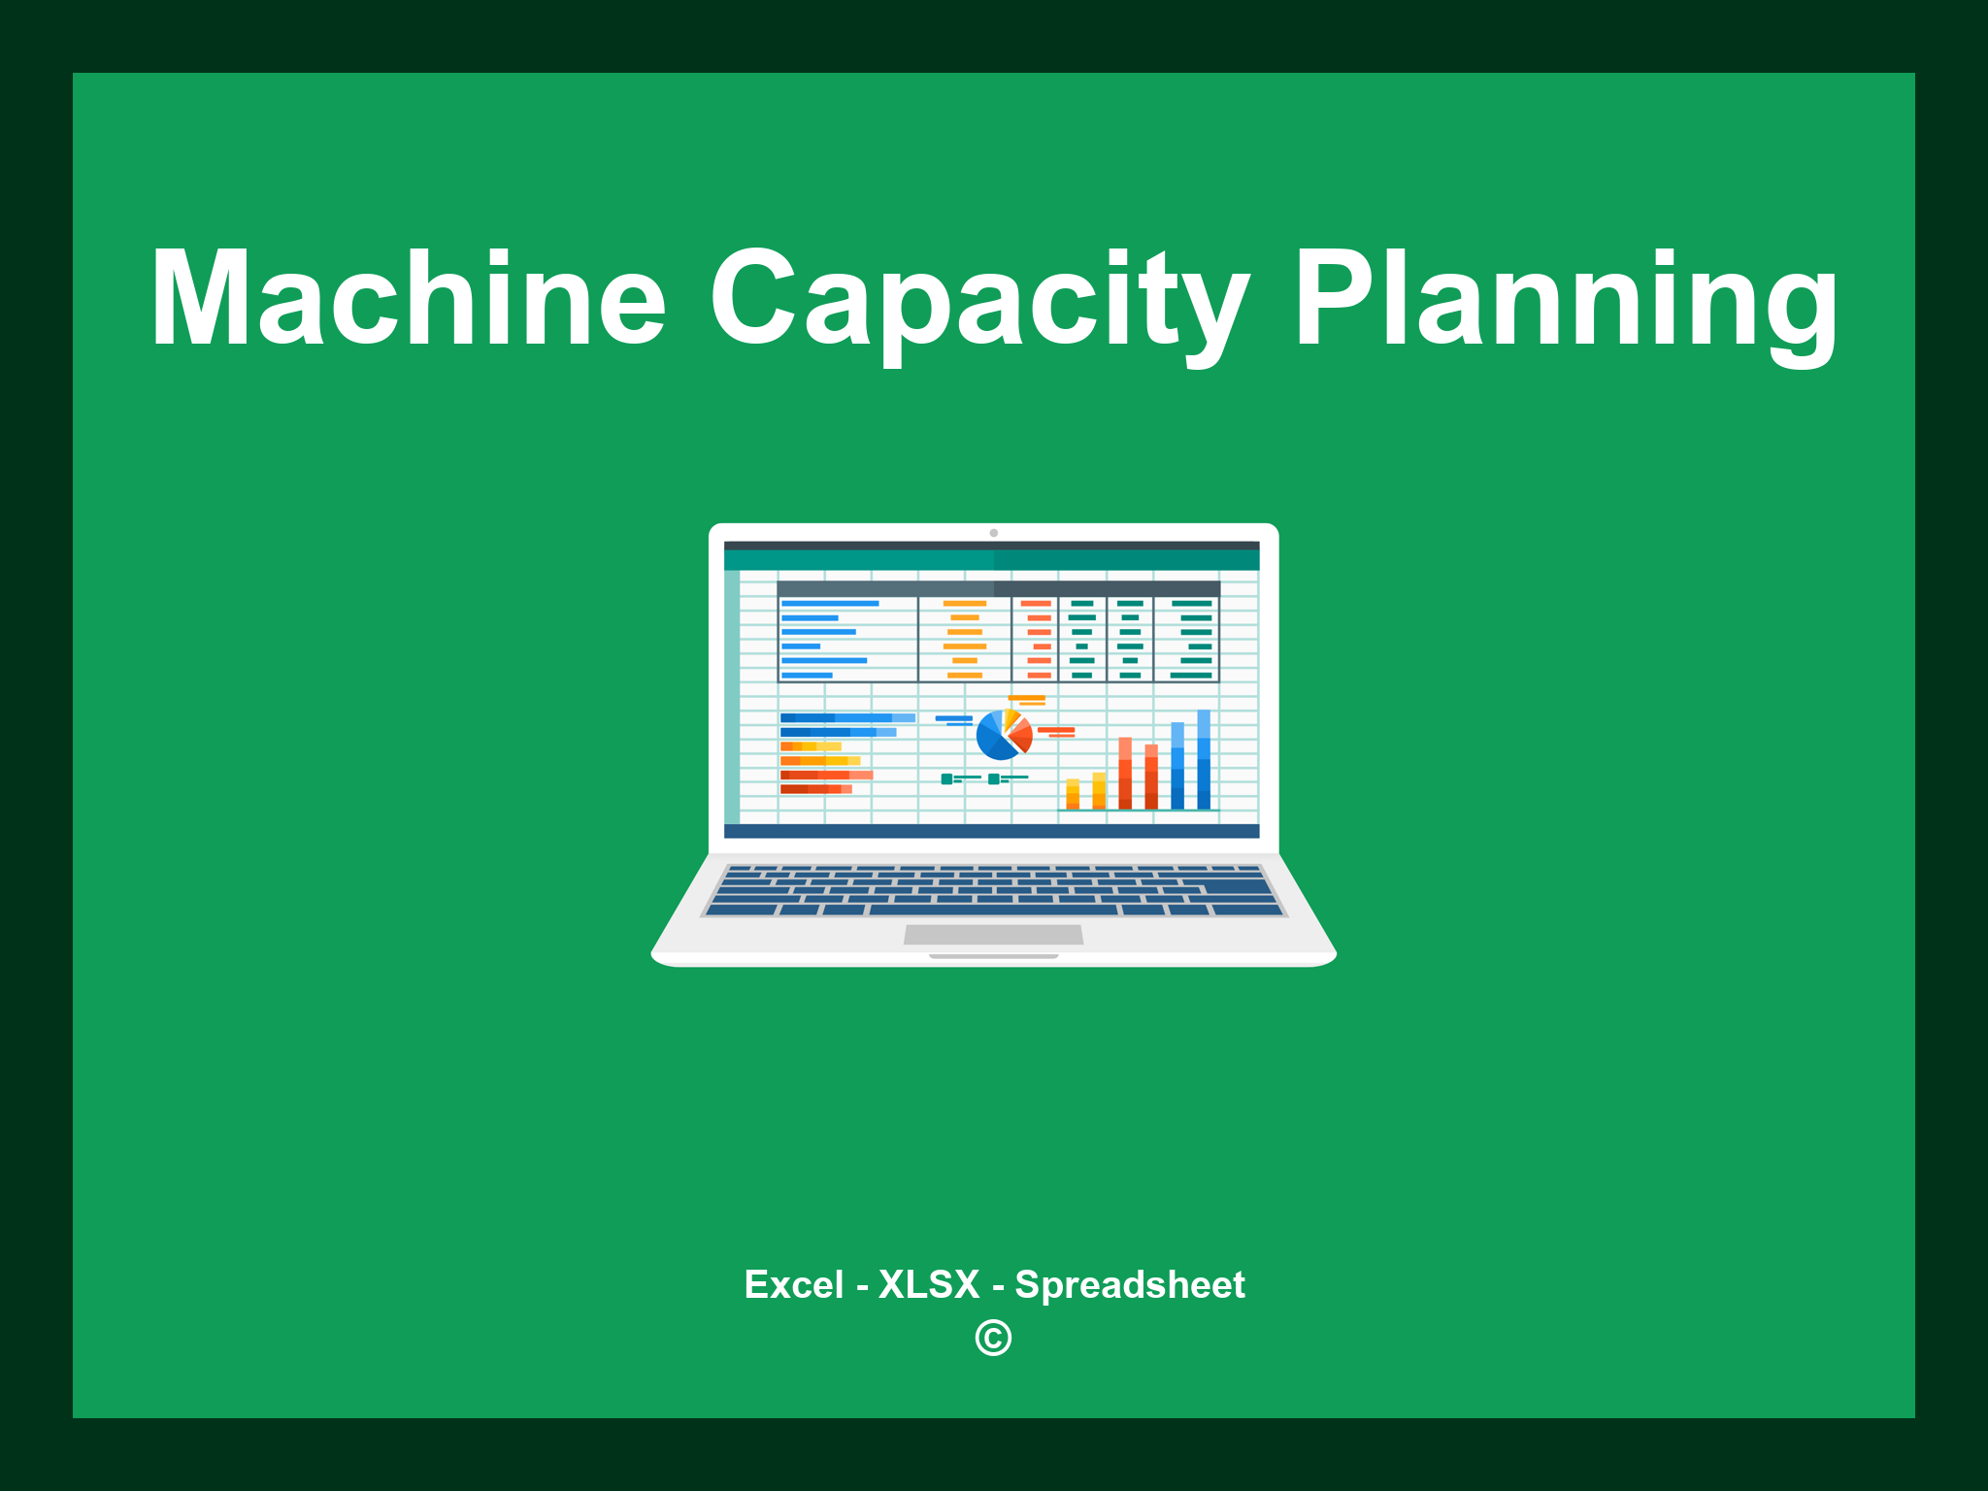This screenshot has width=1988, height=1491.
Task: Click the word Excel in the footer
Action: [x=794, y=1284]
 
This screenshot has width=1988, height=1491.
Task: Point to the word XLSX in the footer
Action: [x=929, y=1284]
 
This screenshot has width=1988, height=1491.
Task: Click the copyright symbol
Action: [x=993, y=1338]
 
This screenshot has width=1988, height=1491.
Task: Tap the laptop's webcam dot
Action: [x=993, y=533]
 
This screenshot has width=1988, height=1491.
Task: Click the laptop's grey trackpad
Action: [x=993, y=934]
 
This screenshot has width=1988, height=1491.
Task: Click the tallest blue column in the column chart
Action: [x=1204, y=759]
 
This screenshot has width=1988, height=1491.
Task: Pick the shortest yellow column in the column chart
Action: [x=1073, y=793]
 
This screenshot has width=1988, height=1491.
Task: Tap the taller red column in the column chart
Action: [x=1125, y=773]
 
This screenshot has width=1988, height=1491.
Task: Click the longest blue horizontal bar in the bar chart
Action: [x=847, y=717]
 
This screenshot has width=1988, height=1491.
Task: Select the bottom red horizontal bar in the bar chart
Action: [x=815, y=789]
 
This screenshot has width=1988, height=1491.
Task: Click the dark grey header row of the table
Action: [x=998, y=588]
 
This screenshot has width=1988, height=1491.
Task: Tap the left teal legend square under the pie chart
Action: [x=946, y=779]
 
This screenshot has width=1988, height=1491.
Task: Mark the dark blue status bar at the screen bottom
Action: [x=991, y=831]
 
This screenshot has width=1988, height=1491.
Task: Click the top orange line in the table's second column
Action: [x=964, y=603]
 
